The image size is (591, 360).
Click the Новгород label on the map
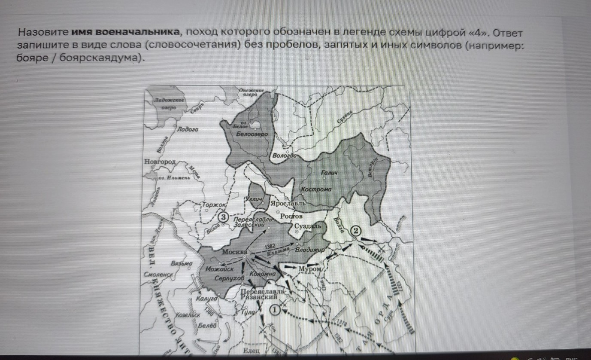coord(161,162)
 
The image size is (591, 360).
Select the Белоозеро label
coord(252,134)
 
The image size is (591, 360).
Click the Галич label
coord(330,173)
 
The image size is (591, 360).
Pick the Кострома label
coord(316,189)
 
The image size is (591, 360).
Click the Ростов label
coord(292,216)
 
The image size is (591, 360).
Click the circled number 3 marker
coord(223,217)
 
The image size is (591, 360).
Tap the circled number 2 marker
coord(356,231)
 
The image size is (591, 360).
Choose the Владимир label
coord(309,250)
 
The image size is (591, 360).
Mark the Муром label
coord(310,269)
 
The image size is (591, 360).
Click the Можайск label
coord(219,270)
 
